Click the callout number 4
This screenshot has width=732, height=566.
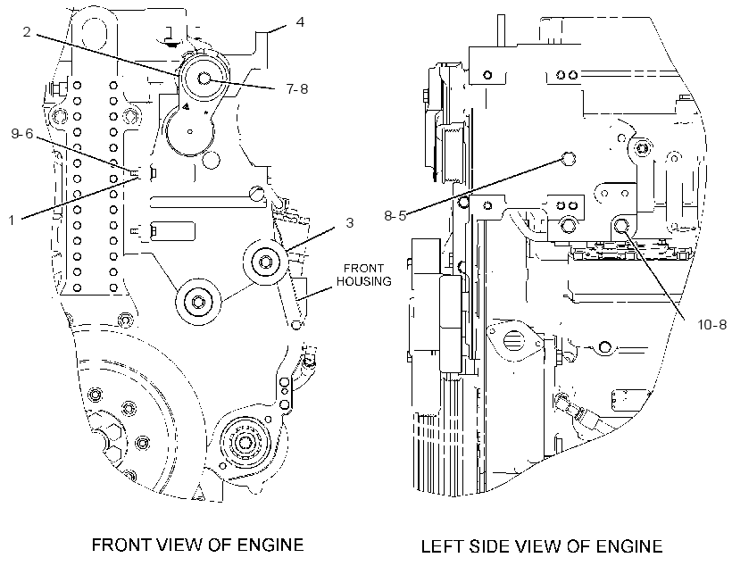[300, 22]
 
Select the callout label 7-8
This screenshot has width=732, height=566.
[297, 88]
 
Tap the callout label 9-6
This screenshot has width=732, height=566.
[22, 134]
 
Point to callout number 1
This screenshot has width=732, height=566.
[12, 220]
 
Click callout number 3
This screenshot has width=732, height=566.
[350, 223]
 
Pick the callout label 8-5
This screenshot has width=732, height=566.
[395, 215]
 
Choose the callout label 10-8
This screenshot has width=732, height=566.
[712, 324]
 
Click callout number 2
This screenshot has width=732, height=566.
[27, 32]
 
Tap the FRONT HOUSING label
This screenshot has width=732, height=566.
[364, 275]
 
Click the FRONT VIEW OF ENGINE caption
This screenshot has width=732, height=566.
[197, 545]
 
